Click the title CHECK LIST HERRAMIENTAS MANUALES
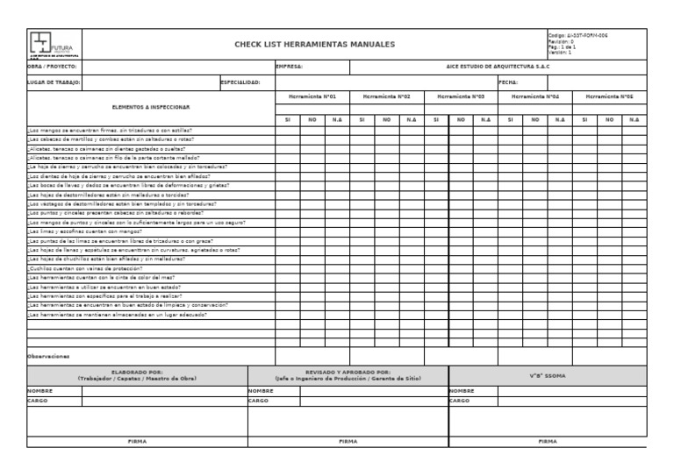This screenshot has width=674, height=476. point(313,44)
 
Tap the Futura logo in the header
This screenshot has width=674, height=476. point(52,44)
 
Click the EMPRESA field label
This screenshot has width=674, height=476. point(290,66)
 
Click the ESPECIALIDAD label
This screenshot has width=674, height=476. point(240,82)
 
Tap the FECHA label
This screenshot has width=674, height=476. point(509,82)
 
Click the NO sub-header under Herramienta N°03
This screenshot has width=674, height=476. point(461,118)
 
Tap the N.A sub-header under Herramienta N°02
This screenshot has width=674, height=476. point(411,118)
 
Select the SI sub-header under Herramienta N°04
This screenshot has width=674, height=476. point(511,118)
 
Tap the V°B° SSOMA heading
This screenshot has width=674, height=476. point(547,375)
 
